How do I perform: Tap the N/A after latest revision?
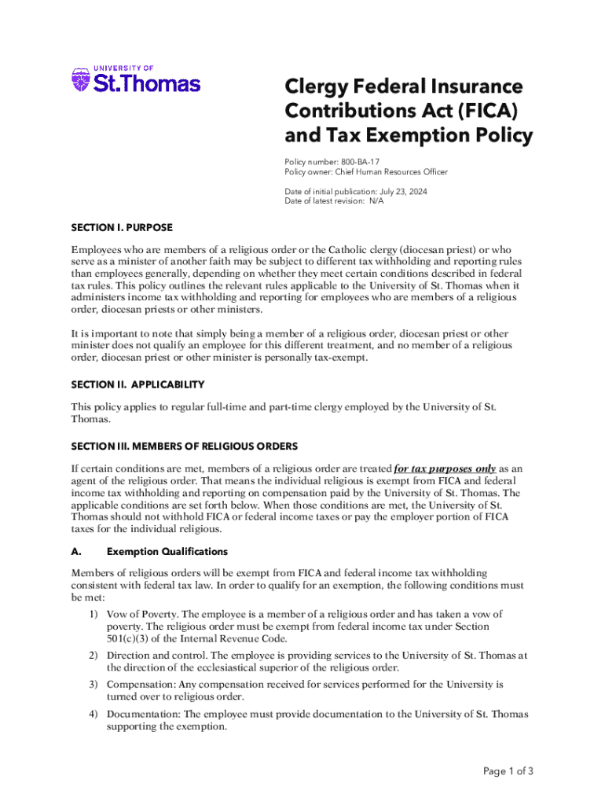coord(376,201)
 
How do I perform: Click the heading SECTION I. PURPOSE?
coord(122,228)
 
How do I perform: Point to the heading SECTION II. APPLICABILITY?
coord(138,384)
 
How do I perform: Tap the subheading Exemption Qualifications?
coord(167,551)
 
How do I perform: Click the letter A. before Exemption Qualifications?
coord(75,551)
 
